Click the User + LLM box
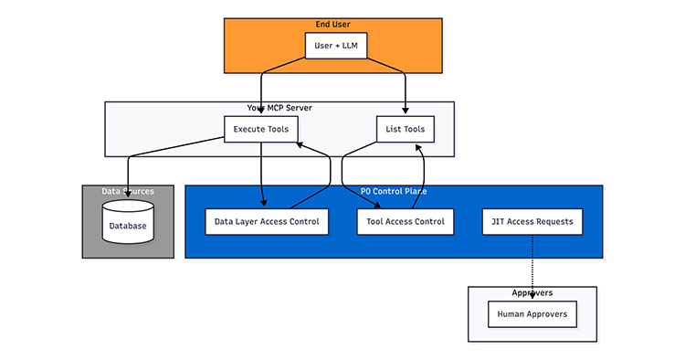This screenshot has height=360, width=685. pyautogui.click(x=335, y=46)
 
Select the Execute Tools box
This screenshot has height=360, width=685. pyautogui.click(x=260, y=129)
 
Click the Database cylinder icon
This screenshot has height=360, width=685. pyautogui.click(x=127, y=222)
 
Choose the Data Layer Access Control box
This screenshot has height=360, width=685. pyautogui.click(x=266, y=221)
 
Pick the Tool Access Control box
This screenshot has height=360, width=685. pyautogui.click(x=404, y=221)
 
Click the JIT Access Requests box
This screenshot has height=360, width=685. pyautogui.click(x=532, y=221)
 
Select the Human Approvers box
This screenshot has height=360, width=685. pyautogui.click(x=532, y=314)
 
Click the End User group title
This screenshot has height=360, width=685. pyautogui.click(x=334, y=24)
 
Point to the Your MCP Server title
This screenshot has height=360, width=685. pyautogui.click(x=279, y=108)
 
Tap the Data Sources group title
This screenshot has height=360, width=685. pyautogui.click(x=127, y=191)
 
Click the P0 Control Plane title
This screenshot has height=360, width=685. pyautogui.click(x=394, y=191)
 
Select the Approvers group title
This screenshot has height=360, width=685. pyautogui.click(x=532, y=293)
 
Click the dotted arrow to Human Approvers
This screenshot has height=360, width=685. pyautogui.click(x=532, y=270)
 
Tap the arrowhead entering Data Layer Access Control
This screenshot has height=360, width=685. pyautogui.click(x=263, y=204)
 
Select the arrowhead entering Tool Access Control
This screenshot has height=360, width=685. pyautogui.click(x=377, y=205)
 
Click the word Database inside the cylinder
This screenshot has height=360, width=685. pyautogui.click(x=127, y=226)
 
